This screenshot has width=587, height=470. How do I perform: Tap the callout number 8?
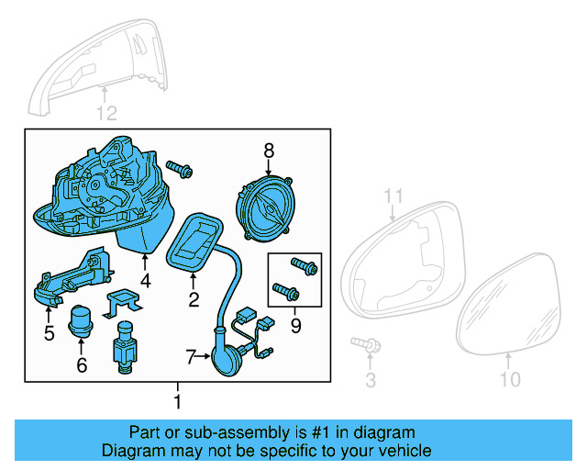pyautogui.click(x=269, y=149)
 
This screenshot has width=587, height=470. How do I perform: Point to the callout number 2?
pyautogui.click(x=194, y=299)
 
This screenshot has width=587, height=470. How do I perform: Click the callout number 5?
pyautogui.click(x=49, y=333)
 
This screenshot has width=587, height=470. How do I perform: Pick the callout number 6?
pyautogui.click(x=81, y=365)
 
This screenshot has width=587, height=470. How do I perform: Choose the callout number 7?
pyautogui.click(x=191, y=357)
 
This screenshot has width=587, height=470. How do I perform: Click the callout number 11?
pyautogui.click(x=393, y=196)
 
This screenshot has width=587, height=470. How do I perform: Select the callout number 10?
pyautogui.click(x=510, y=379)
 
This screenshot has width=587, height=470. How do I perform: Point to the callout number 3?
pyautogui.click(x=371, y=379)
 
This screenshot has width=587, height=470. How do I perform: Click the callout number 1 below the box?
pyautogui.click(x=178, y=401)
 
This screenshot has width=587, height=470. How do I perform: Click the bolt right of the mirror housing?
pyautogui.click(x=181, y=168)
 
